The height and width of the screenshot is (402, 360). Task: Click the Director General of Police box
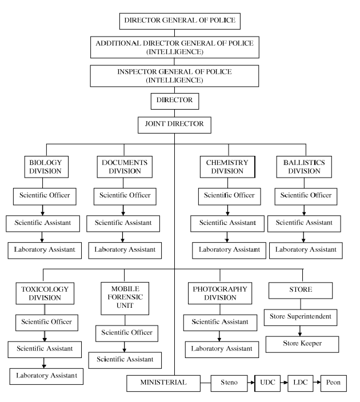pos(179,22)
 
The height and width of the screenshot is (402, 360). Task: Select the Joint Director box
pos(174,124)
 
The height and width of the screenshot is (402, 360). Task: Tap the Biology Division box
pos(46,167)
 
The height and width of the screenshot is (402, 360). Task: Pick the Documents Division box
pos(124,167)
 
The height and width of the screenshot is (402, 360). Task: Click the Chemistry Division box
pos(227,167)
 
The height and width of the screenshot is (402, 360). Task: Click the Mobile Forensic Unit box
pos(124,298)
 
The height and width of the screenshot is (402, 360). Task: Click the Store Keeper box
pos(302,344)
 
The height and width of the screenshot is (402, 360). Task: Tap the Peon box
pos(333,382)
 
